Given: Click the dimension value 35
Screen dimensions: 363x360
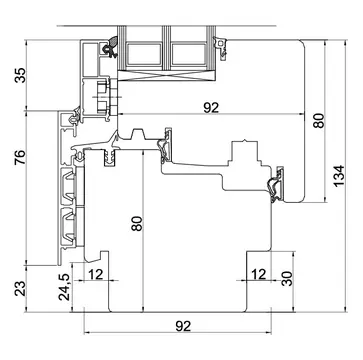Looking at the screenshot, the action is coord(20,75).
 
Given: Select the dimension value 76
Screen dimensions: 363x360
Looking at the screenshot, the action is coord(20,158).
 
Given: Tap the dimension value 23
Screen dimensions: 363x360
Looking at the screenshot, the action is coord(20,289).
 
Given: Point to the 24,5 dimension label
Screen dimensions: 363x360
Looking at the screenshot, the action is coord(64,286).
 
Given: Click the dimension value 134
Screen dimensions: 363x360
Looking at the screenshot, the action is coord(339,176).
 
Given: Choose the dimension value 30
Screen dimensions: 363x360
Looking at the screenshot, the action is coord(287,278).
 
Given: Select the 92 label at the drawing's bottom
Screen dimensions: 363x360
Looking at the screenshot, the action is coord(183,326).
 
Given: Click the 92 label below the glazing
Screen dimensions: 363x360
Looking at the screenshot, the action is coord(211,108).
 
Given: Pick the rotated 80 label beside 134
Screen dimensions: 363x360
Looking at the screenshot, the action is coord(318,121).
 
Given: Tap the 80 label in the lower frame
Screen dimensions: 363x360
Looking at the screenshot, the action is coord(137,224).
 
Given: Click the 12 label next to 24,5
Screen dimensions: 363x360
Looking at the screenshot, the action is coord(95,275).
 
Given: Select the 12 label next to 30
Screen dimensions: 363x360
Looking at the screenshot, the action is coord(259,274).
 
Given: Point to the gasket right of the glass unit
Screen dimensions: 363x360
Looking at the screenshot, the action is coord(221,47).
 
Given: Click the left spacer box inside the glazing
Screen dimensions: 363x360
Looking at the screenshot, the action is coord(144,53).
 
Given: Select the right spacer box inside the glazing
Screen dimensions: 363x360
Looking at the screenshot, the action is coord(189,53).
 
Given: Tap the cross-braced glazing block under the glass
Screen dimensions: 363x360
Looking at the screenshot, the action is coord(166,76).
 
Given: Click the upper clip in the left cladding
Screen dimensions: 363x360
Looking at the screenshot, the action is coord(68,187).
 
